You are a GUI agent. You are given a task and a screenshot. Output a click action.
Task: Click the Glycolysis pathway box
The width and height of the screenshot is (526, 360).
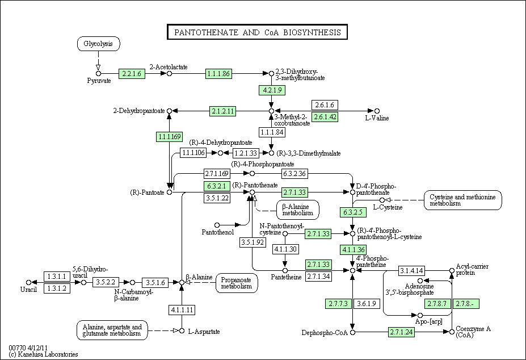coord(98,44)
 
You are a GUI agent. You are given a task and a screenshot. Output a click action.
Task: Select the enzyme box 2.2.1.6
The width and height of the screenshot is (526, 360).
coord(132,73)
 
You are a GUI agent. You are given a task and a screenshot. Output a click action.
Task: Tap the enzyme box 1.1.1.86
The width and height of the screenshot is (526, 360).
coord(218,73)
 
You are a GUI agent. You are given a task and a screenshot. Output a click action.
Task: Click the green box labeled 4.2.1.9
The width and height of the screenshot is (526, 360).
coord(271,90)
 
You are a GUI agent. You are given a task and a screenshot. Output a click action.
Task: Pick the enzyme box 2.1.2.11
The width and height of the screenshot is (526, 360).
coord(222,111)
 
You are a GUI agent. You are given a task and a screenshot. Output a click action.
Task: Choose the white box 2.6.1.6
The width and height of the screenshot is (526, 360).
coord(325,105)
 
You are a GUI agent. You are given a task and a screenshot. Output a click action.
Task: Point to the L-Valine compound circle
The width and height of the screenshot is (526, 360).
coord(377,111)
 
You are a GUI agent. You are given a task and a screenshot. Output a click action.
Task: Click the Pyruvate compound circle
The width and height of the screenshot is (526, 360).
coord(98,73)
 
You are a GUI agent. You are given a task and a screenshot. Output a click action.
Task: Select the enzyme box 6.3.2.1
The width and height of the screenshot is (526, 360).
coord(216,186)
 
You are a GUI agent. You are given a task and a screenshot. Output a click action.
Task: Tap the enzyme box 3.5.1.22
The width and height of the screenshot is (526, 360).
coord(216,198)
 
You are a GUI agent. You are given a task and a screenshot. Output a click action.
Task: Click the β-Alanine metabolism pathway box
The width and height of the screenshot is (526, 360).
coord(298,210)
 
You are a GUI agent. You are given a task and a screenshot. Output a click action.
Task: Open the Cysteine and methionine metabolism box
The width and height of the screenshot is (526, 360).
coord(463,200)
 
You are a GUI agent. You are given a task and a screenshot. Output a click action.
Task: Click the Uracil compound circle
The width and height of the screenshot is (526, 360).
coord(28,282)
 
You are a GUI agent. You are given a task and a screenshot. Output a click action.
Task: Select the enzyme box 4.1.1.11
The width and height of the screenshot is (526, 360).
coord(182,310)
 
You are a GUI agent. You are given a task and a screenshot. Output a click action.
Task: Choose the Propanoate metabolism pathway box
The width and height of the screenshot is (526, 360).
coord(237,283)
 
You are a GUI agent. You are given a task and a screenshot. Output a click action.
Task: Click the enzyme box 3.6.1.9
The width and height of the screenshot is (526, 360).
coord(366,304)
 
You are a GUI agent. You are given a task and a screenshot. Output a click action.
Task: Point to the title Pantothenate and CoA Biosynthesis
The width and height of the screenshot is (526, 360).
coord(257,32)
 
